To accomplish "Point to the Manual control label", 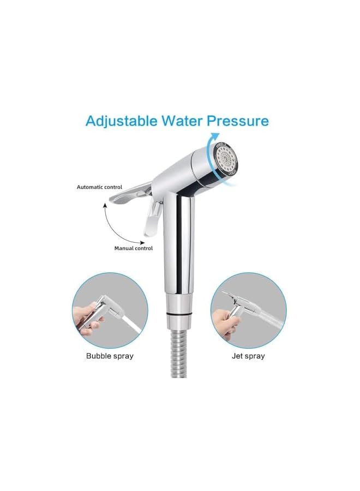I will (x=133, y=248).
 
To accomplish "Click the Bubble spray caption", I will (x=110, y=356).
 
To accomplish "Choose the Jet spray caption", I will (x=248, y=356).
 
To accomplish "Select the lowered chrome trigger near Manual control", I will (x=151, y=221).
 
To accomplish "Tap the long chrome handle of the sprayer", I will (x=179, y=240).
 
